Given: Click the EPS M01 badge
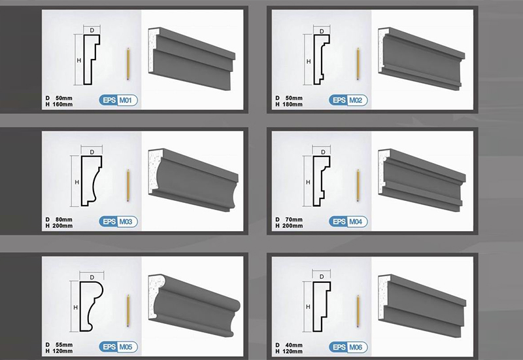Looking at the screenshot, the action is [x=118, y=100].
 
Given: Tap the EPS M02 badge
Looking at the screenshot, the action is [x=348, y=100].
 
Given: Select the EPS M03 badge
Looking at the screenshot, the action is [x=118, y=222].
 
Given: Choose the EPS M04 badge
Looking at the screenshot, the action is [x=348, y=222].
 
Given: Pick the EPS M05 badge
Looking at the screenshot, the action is [x=118, y=347].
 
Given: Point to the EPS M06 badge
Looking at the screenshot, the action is [x=348, y=348].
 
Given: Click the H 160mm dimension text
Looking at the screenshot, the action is [x=59, y=105].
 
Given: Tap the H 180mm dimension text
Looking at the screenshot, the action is [x=289, y=105].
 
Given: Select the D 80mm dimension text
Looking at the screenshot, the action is [x=59, y=219].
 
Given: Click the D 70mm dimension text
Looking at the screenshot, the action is [x=289, y=219].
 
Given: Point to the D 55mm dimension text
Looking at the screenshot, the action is [x=59, y=345].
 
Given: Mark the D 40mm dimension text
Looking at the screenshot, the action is [x=289, y=345].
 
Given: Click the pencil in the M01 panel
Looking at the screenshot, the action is [x=127, y=63].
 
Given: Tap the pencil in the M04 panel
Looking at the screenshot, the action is [x=358, y=185].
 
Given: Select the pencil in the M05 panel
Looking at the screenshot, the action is [x=127, y=310].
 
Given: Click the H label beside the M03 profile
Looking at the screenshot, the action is [x=76, y=183].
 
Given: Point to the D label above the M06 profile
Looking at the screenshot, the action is [x=322, y=276].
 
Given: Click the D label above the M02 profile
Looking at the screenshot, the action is [x=322, y=31].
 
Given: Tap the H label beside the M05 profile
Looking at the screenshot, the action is [x=75, y=308].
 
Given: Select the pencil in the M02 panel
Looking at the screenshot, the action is [x=358, y=63].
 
